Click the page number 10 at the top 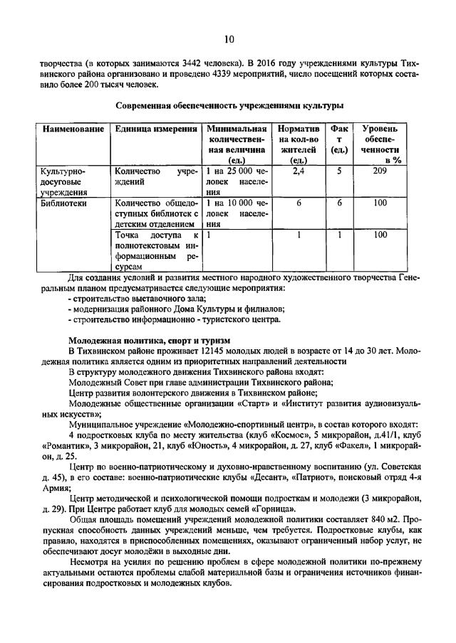click(x=229, y=38)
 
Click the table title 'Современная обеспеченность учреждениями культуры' click(x=229, y=105)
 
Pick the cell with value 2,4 click(x=299, y=171)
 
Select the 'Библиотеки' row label click(x=62, y=203)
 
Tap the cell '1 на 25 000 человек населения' click(x=237, y=181)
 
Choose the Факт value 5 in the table click(x=339, y=171)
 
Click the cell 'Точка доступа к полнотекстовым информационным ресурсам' click(x=155, y=250)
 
